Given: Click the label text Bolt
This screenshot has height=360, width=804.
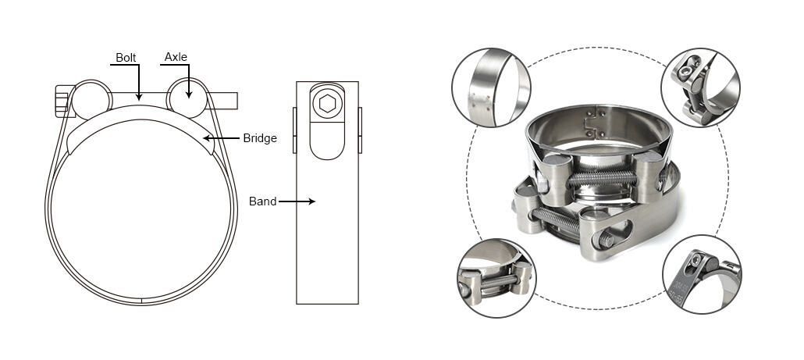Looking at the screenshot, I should pyautogui.click(x=126, y=58).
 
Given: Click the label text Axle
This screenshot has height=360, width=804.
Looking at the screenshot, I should pyautogui.click(x=176, y=58).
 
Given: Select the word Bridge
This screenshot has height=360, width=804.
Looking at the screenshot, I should pyautogui.click(x=260, y=138).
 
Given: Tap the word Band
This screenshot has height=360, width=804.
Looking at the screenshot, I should pyautogui.click(x=262, y=201).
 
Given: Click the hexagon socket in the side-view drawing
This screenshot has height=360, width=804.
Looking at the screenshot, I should pyautogui.click(x=327, y=103).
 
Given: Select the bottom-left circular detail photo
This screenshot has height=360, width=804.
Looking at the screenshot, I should pyautogui.click(x=496, y=277).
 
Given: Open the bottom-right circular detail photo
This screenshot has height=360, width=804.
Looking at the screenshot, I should pyautogui.click(x=701, y=274).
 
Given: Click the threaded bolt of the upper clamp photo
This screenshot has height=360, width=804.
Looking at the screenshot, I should pyautogui.click(x=602, y=178).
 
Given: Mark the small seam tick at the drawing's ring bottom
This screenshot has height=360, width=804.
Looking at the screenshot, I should pyautogui.click(x=141, y=301).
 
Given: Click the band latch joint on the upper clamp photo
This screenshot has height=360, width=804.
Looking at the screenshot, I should pyautogui.click(x=592, y=119).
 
